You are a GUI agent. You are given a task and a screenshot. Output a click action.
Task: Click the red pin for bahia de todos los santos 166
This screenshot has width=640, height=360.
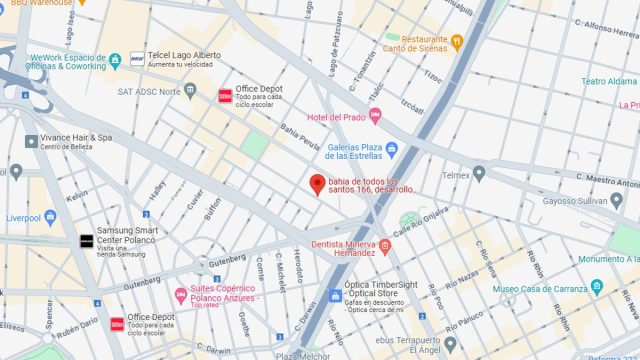[317, 184]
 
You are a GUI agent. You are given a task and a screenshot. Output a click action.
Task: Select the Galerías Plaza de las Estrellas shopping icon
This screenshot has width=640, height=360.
[392, 150]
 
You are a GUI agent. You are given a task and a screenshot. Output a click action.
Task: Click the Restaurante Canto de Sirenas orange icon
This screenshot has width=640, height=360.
[457, 41]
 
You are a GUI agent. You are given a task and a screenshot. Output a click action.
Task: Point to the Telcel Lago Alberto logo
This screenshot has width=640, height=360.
[137, 58]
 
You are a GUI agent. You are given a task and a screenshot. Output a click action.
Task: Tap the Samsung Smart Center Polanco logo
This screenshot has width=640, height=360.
[87, 241]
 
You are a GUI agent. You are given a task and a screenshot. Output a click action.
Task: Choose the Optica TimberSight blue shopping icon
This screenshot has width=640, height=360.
[335, 297]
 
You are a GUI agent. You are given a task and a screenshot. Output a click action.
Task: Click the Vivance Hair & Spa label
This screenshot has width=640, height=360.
[75, 137]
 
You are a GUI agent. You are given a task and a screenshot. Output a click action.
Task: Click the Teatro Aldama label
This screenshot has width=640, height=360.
[610, 82]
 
